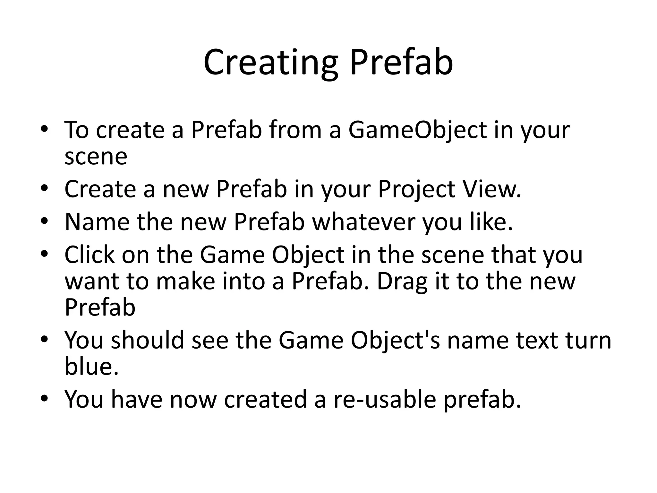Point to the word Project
click(416, 189)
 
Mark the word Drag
click(402, 281)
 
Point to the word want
click(92, 281)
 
